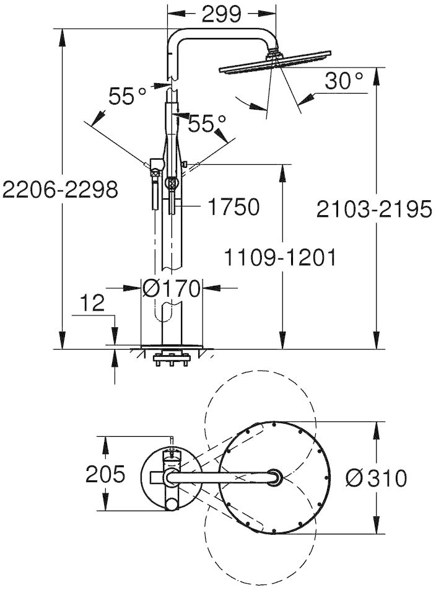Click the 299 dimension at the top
pyautogui.click(x=220, y=15)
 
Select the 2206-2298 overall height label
pyautogui.click(x=60, y=190)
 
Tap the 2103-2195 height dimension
pyautogui.click(x=374, y=209)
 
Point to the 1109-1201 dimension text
pyautogui.click(x=280, y=258)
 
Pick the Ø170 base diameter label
pyautogui.click(x=172, y=289)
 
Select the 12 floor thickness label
pyautogui.click(x=92, y=303)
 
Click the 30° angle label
pyautogui.click(x=344, y=81)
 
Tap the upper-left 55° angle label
pyautogui.click(x=127, y=96)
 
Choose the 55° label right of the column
pyautogui.click(x=207, y=124)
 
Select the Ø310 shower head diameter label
pyautogui.click(x=376, y=478)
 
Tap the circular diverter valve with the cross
pyautogui.click(x=172, y=183)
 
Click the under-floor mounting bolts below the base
pyautogui.click(x=171, y=360)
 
